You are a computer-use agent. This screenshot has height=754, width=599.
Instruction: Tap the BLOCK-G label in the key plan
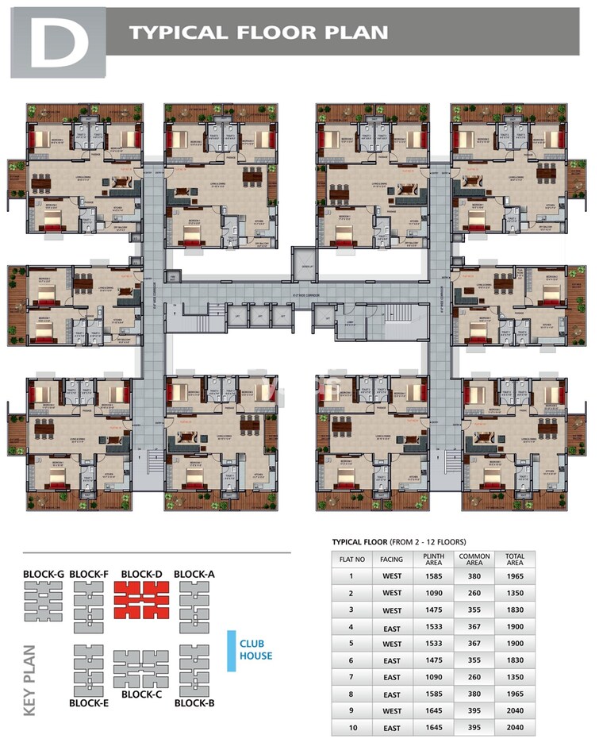pyautogui.click(x=44, y=573)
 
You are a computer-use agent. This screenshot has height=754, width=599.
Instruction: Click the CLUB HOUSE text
pyautogui.click(x=255, y=649)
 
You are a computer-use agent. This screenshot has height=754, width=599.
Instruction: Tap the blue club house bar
pyautogui.click(x=232, y=650)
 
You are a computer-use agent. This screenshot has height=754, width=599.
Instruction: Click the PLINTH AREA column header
pyautogui.click(x=433, y=559)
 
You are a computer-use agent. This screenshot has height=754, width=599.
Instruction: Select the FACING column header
pyautogui.click(x=391, y=559)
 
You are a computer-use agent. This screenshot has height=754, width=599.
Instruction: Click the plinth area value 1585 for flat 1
pyautogui.click(x=433, y=575)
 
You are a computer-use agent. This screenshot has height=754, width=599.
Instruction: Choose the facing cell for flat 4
pyautogui.click(x=391, y=627)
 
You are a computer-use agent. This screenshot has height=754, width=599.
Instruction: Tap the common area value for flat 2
pyautogui.click(x=474, y=592)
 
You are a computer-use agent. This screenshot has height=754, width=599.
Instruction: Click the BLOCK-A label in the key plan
pyautogui.click(x=194, y=573)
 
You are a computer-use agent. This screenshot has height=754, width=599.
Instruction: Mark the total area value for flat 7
pyautogui.click(x=515, y=678)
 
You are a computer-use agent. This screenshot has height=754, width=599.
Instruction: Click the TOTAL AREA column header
pyautogui.click(x=515, y=559)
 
